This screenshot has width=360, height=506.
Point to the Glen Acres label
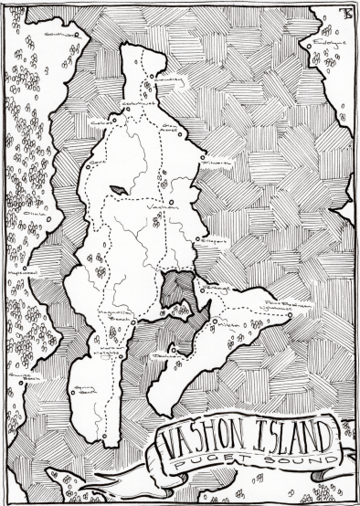pyautogui.click(x=170, y=129)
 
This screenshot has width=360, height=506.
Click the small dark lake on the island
pyautogui.click(x=118, y=190)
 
